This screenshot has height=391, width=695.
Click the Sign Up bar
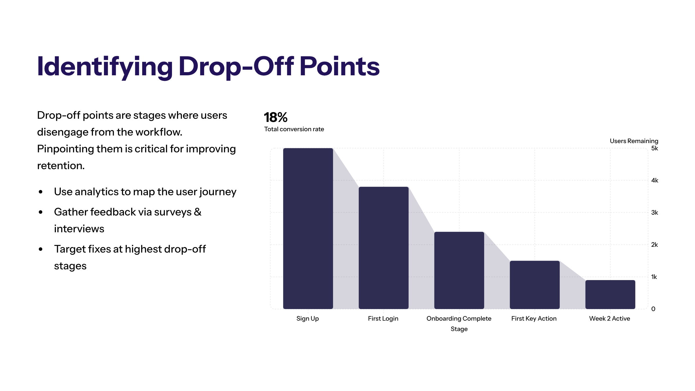coord(308,229)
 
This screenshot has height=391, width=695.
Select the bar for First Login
coord(383,248)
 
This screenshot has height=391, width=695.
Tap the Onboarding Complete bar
coord(459,270)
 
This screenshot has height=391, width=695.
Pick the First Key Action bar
coord(535,285)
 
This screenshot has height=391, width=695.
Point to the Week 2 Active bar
coord(610,294)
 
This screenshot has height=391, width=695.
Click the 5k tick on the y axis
coord(654,148)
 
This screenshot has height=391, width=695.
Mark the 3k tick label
coord(654,213)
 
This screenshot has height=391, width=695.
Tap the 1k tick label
coord(654,277)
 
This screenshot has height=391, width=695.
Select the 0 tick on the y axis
coord(653,309)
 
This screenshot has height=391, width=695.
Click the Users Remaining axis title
coord(634,141)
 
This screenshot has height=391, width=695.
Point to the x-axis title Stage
coord(459,329)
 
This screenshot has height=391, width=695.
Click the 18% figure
coord(275,118)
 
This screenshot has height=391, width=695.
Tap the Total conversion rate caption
coord(294,129)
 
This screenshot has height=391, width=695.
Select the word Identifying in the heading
coord(105,67)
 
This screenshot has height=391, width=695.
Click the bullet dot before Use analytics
coord(41,192)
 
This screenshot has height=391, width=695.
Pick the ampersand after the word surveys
coord(198,212)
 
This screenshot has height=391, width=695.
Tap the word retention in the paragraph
coord(61,166)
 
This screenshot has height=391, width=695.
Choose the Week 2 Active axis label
coord(610,319)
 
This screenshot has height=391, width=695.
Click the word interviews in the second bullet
coord(79,229)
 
